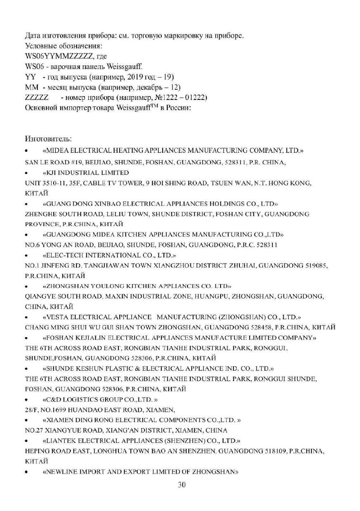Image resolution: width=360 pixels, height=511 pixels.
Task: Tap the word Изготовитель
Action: point(48,139)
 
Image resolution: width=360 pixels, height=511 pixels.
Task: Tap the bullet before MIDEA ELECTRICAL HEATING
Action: point(27,152)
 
